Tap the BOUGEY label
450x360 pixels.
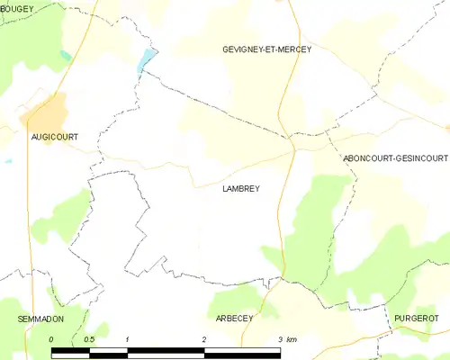point(17,9)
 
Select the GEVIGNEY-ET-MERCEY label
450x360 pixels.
point(266,49)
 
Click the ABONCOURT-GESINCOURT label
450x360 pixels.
point(394,158)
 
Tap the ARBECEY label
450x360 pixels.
point(235,319)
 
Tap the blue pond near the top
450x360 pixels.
point(146,60)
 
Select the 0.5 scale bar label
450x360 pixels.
point(89,339)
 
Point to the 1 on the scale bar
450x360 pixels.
point(128,339)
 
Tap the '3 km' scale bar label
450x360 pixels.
point(287,339)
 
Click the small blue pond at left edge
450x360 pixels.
point(7,162)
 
